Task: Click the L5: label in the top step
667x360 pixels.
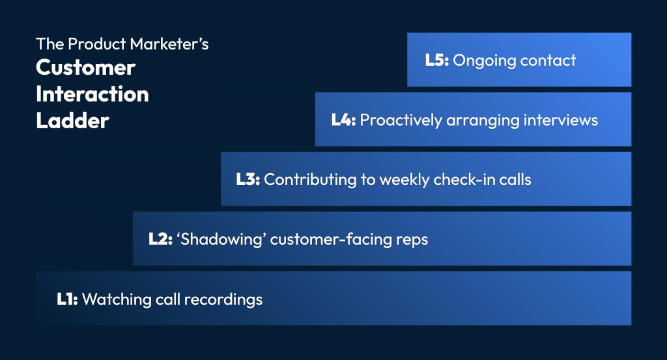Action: (x=436, y=61)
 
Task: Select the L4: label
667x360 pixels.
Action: (x=343, y=120)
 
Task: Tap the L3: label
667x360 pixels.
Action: (x=248, y=180)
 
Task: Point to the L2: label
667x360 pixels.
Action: (x=160, y=240)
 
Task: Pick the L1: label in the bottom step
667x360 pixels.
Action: (x=67, y=299)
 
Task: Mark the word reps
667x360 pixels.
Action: (x=412, y=240)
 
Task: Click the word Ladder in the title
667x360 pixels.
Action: (x=72, y=121)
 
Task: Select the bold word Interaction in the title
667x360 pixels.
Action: (x=92, y=94)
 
